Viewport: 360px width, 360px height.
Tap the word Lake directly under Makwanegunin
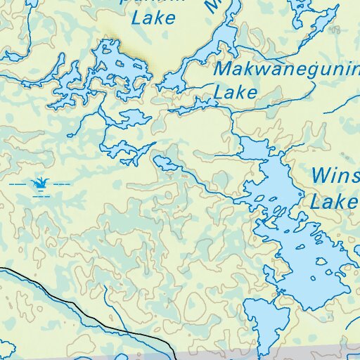[x=236, y=92]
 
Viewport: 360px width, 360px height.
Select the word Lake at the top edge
[x=153, y=18]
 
